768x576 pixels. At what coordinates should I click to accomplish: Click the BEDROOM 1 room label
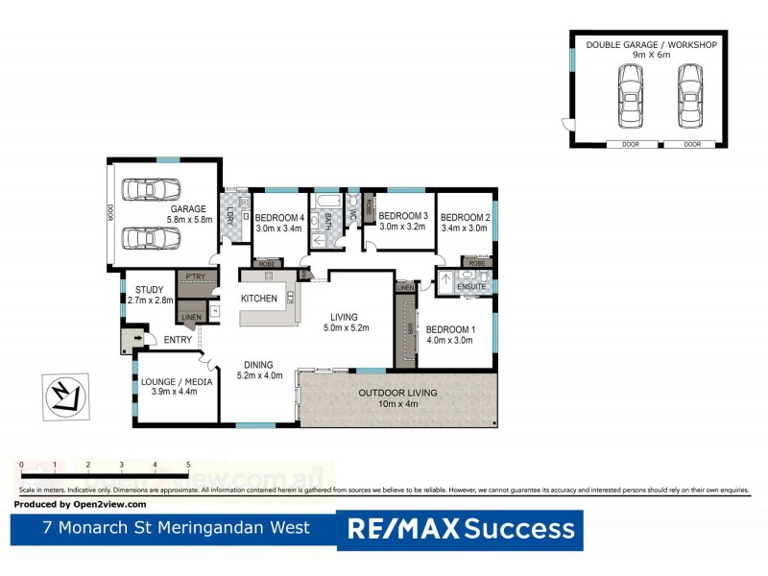click(x=450, y=327)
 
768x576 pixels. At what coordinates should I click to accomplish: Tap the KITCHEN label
click(x=258, y=299)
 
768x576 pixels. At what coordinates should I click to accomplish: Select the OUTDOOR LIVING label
click(x=397, y=393)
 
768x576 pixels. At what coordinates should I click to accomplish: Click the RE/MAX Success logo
click(x=460, y=529)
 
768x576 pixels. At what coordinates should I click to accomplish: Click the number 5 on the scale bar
click(x=188, y=465)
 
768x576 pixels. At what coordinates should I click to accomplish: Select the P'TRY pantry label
click(x=191, y=276)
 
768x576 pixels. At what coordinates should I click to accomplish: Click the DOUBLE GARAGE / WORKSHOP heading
click(x=651, y=44)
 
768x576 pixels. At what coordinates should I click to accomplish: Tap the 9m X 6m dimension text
click(x=651, y=56)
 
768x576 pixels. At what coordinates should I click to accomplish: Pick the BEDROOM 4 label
click(x=280, y=217)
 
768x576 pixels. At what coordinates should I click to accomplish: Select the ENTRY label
click(x=178, y=340)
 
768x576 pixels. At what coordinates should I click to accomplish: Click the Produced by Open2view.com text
click(x=81, y=504)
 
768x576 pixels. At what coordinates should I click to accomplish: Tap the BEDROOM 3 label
click(x=401, y=216)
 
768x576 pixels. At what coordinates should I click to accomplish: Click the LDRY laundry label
click(x=231, y=215)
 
